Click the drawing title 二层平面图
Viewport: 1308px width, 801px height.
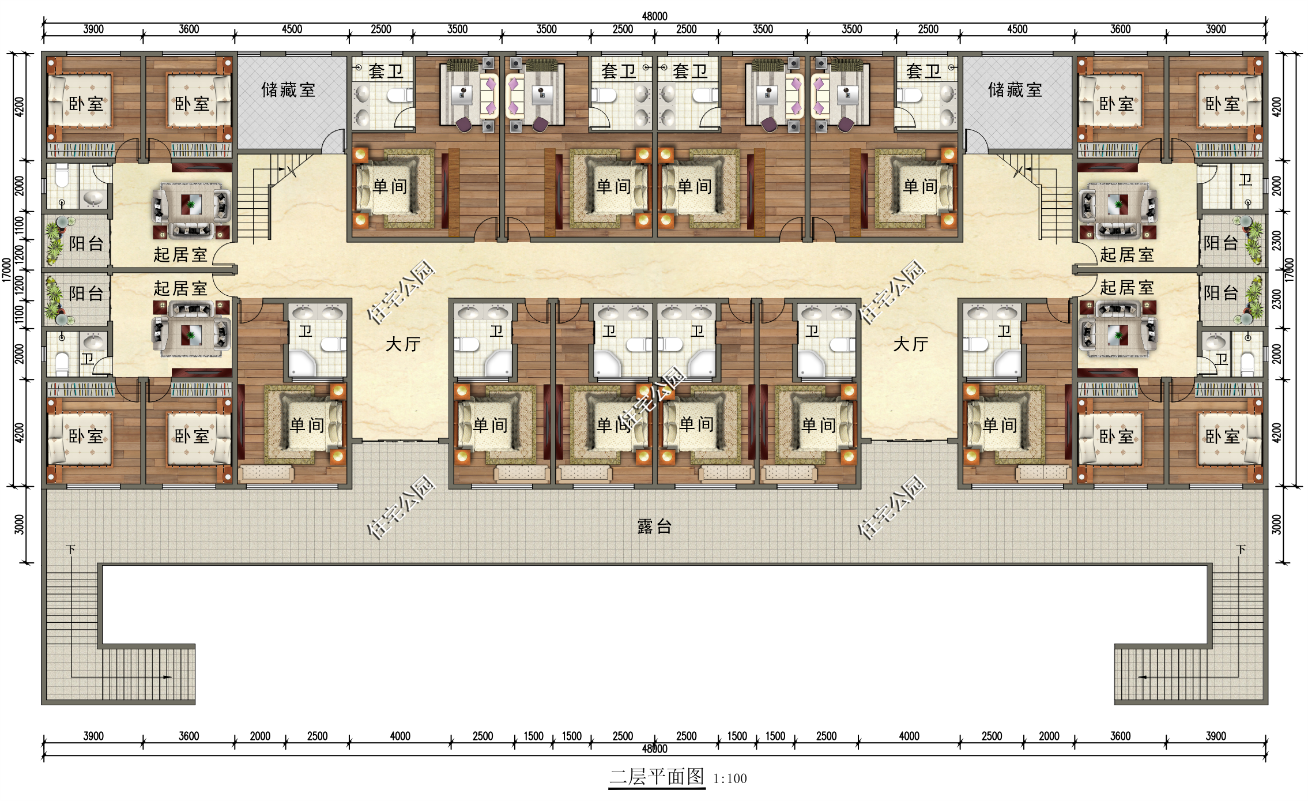tap(657, 777)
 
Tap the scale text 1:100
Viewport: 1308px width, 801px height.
tap(730, 779)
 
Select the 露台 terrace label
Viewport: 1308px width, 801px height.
tap(654, 527)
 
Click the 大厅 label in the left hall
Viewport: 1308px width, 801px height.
tap(403, 344)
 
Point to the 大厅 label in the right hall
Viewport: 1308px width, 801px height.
tap(910, 344)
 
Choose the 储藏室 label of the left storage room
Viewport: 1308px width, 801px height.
tap(288, 90)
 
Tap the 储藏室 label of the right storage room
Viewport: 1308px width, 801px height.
tap(1015, 90)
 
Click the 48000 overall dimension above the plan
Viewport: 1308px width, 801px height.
tap(654, 16)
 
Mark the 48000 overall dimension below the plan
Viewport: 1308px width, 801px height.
tap(654, 749)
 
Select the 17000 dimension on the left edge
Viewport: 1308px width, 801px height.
tap(6, 270)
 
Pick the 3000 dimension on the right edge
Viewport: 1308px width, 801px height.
tap(1276, 525)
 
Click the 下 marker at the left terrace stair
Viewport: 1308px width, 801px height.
tap(71, 549)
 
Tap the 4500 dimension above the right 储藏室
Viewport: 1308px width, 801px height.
tap(1017, 29)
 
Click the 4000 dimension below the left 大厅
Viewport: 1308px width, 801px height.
tap(400, 736)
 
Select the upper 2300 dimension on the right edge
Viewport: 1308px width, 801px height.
tap(1276, 241)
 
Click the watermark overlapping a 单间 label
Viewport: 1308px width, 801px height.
tap(651, 398)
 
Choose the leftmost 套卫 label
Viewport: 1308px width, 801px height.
tap(386, 72)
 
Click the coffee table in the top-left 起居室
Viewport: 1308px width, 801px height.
tap(191, 205)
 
